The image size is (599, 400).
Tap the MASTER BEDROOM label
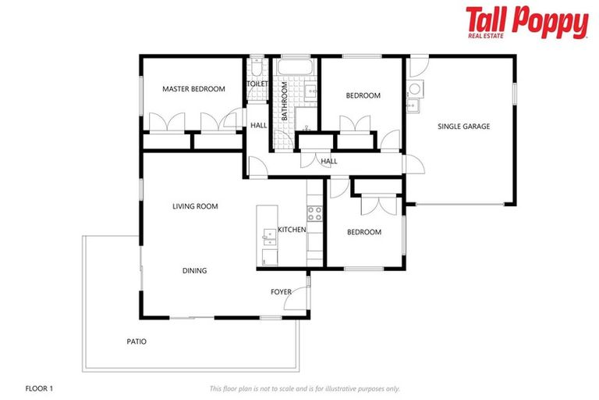tap(193, 89)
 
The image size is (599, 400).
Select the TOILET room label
tap(257, 84)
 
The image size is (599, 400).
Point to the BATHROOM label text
tap(285, 102)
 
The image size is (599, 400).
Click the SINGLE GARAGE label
tap(463, 127)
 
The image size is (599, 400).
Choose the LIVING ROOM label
tap(195, 206)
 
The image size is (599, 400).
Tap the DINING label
tap(195, 271)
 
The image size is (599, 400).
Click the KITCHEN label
tap(292, 230)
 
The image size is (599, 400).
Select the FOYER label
tap(281, 292)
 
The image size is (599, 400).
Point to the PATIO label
tap(136, 341)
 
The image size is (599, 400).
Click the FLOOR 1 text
tap(39, 387)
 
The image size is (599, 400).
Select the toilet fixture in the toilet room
tap(257, 63)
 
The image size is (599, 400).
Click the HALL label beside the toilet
tap(258, 125)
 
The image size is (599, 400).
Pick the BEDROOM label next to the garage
tap(363, 95)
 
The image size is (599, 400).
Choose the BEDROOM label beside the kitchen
tap(364, 232)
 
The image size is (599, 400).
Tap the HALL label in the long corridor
tap(329, 162)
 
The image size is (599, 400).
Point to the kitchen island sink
tap(268, 238)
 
